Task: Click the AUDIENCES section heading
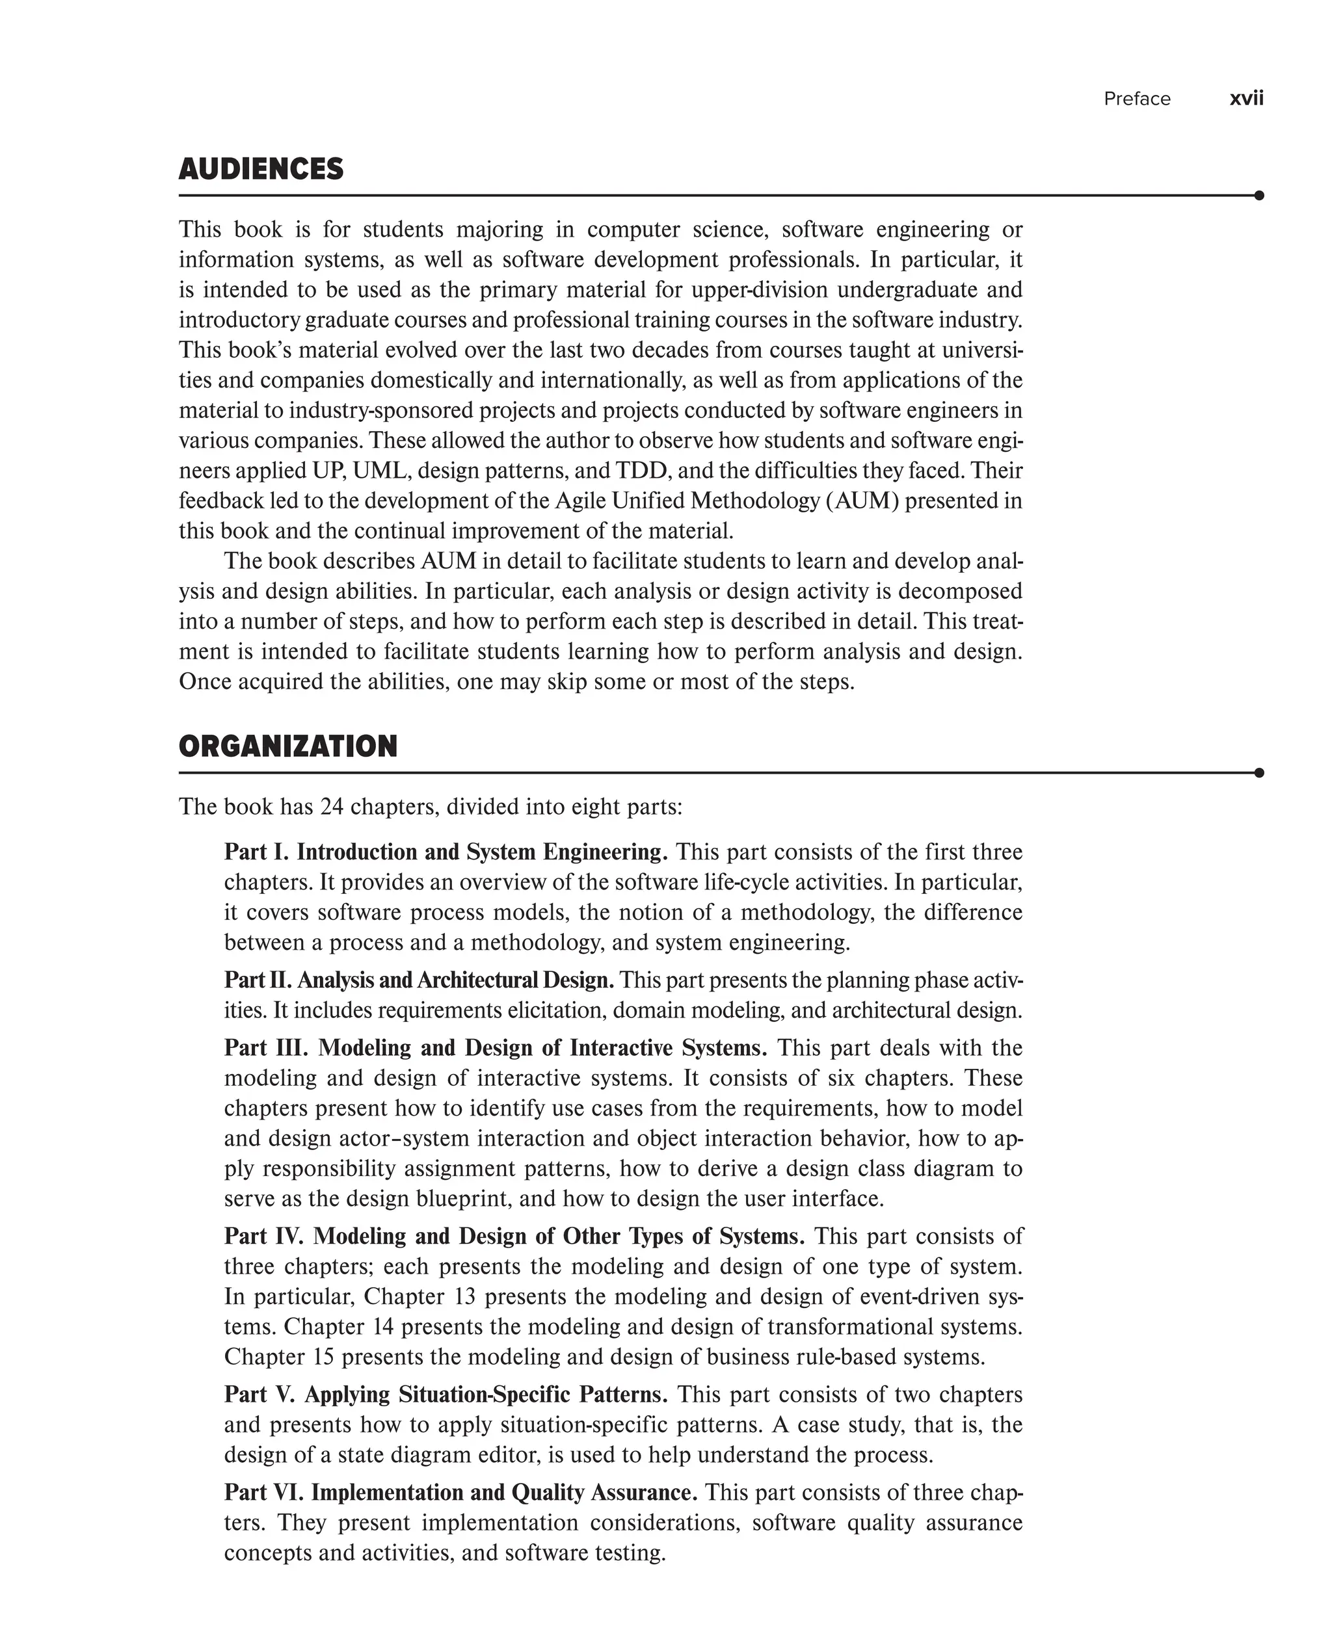point(261,170)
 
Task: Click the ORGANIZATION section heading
point(287,746)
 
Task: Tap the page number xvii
point(1246,99)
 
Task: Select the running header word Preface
point(1136,99)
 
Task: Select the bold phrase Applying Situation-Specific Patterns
point(486,1395)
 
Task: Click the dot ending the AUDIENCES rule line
point(1259,196)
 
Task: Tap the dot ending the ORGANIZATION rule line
point(1259,772)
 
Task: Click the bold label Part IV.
point(264,1237)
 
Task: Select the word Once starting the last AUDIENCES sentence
point(205,682)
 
